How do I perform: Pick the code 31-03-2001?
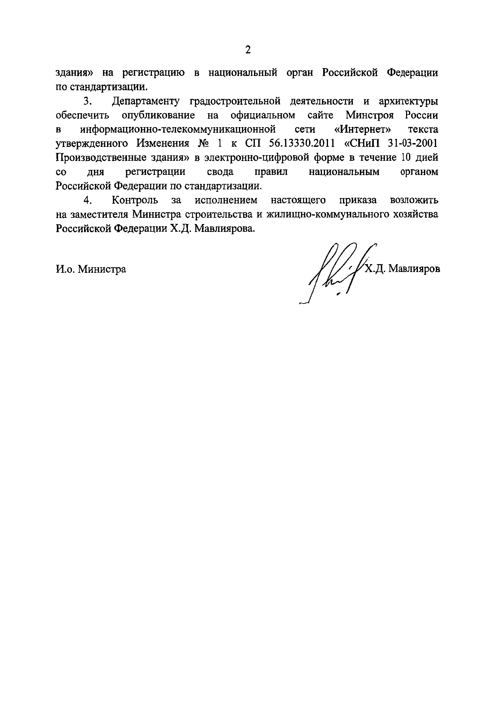point(413,143)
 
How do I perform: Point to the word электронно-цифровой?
point(257,158)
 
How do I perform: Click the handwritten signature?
point(336,271)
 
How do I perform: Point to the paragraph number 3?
point(88,101)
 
